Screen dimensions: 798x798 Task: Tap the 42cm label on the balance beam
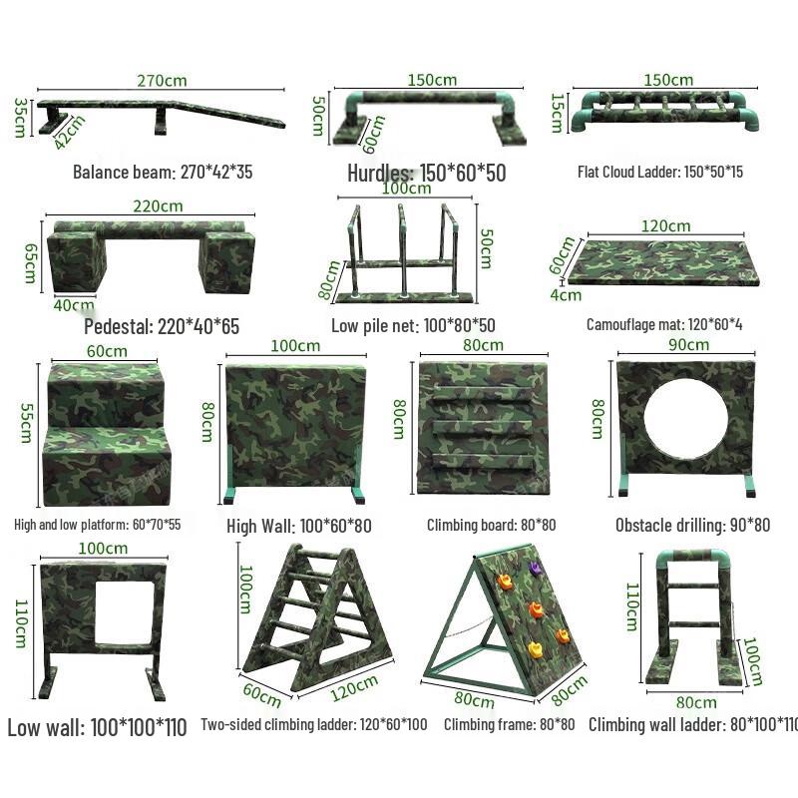[x=69, y=133]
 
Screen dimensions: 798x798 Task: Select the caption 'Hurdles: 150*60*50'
[x=426, y=173]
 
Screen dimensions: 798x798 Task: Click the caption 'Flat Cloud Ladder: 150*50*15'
[x=659, y=172]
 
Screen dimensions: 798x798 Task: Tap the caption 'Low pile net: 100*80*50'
[x=413, y=325]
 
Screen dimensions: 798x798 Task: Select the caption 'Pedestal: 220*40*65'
[x=161, y=326]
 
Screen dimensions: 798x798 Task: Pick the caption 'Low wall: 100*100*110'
[x=97, y=727]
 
